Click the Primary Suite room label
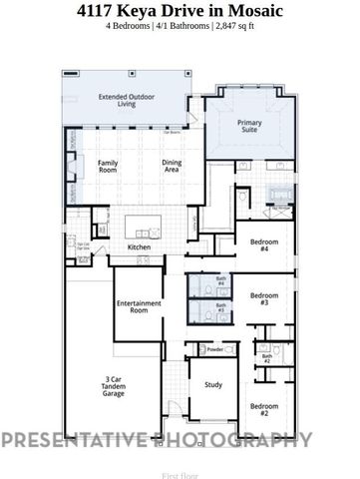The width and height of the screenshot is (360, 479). coord(249,127)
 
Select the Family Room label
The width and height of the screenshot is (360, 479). coord(108,168)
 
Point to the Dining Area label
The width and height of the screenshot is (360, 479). coord(177,168)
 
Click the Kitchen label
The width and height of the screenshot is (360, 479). coord(139,247)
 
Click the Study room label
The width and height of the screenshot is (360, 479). coord(213,384)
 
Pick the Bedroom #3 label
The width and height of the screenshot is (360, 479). coord(264,298)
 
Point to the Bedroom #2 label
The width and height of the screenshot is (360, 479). coord(264,409)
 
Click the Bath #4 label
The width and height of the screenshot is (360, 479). coord(219,283)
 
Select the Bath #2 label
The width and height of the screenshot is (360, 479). coord(267,356)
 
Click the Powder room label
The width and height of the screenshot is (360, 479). coord(213,349)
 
